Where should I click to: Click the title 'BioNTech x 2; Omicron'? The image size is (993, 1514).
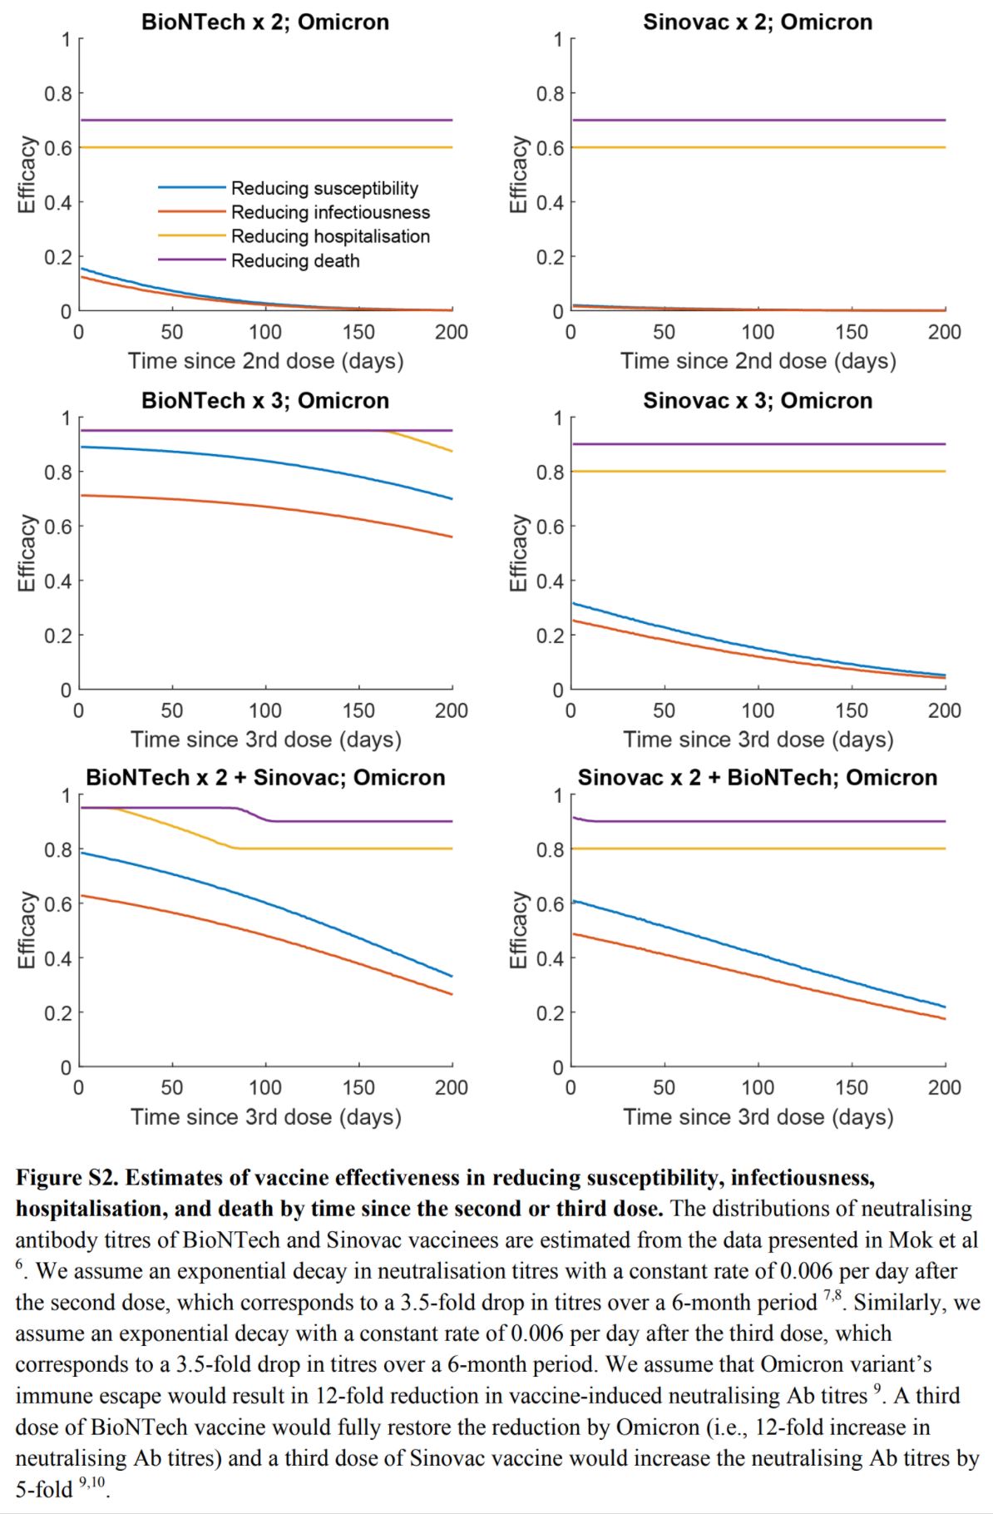(x=264, y=22)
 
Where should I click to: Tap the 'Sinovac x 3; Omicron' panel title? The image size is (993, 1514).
(x=757, y=400)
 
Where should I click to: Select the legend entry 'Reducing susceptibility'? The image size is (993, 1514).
(x=324, y=188)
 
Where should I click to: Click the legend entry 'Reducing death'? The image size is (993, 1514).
(x=295, y=260)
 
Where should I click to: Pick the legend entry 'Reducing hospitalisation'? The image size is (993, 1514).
(x=330, y=236)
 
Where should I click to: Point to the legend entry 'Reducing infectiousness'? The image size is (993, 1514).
(x=330, y=212)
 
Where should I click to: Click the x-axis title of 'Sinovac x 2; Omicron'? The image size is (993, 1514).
(x=758, y=361)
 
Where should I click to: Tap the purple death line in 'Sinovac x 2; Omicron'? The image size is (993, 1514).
(x=757, y=120)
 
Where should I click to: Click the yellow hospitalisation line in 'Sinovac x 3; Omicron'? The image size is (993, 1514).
(x=757, y=472)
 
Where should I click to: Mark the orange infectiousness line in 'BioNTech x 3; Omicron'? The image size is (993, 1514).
(x=266, y=506)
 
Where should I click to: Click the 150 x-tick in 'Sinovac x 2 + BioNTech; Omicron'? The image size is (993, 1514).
(x=851, y=1087)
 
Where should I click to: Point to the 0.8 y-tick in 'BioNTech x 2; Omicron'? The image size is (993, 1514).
(x=58, y=93)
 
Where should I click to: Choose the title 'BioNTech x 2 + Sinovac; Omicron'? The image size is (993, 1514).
(x=265, y=777)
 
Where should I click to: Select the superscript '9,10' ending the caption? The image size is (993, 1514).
(x=93, y=1482)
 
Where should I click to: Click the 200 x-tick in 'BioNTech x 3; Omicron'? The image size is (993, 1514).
(x=451, y=710)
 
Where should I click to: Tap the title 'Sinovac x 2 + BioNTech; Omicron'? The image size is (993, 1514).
(x=757, y=777)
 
